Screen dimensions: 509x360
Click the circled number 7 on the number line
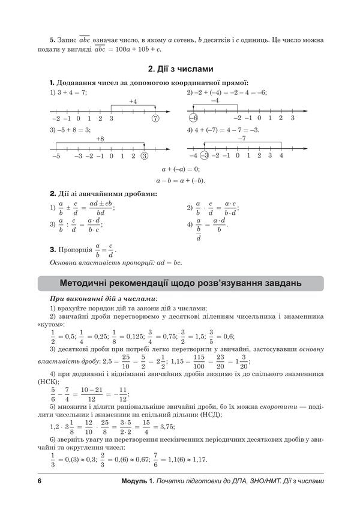click(x=155, y=118)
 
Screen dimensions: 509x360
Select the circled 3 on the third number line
click(x=144, y=156)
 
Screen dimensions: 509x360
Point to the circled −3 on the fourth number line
click(x=204, y=156)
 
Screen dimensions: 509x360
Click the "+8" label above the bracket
click(x=100, y=139)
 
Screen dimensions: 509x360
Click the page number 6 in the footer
click(x=39, y=482)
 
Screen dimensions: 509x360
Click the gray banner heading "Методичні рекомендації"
click(x=181, y=283)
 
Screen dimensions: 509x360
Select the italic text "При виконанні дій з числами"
click(x=103, y=298)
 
